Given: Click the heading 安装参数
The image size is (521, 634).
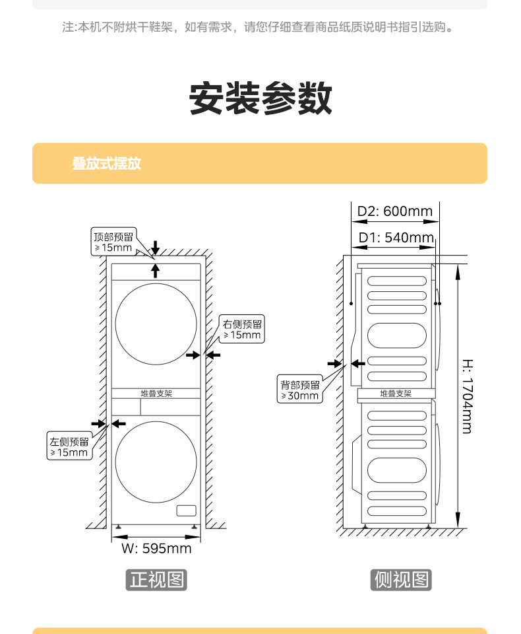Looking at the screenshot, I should tap(260, 99).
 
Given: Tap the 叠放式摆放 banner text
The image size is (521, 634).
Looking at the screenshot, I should tap(107, 164).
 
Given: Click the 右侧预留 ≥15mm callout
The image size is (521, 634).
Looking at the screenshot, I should tap(243, 330).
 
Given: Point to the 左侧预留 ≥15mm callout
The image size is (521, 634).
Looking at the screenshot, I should tap(69, 447).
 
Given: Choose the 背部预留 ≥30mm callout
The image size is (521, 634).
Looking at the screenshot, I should tap(300, 390).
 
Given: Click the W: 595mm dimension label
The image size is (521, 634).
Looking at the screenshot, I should tap(156, 548).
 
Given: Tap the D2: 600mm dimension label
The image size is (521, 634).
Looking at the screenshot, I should tap(394, 211).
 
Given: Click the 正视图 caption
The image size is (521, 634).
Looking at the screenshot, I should tap(156, 580).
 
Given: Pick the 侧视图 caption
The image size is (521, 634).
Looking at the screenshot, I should tap(401, 580).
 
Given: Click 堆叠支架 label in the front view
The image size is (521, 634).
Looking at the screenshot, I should tap(156, 393).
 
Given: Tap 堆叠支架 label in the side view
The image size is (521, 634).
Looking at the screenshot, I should tap(396, 394).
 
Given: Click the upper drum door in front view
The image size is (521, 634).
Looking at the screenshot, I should tap(156, 324).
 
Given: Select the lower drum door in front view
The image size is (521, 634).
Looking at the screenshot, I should tap(156, 462).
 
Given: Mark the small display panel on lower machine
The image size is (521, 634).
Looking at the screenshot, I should tap(186, 511).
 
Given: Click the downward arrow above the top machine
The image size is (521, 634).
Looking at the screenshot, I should tap(155, 248).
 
